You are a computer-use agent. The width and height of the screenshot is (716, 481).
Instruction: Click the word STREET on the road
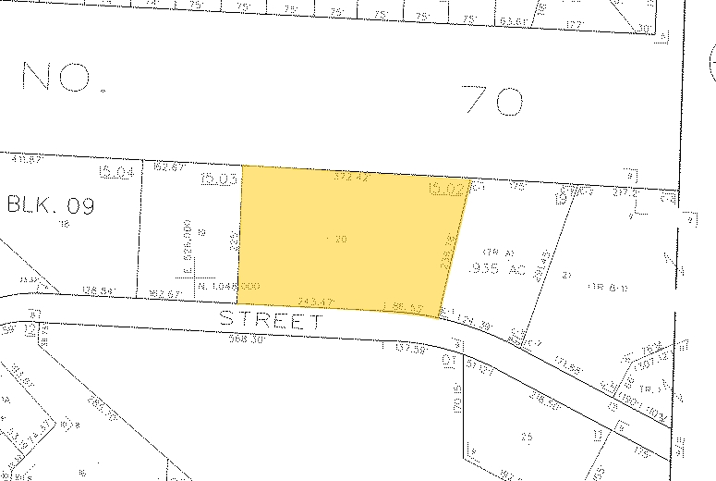(x=271, y=321)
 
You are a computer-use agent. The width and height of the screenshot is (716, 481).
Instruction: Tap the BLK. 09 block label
(x=51, y=204)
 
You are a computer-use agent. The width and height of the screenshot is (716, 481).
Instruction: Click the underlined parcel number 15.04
(x=117, y=172)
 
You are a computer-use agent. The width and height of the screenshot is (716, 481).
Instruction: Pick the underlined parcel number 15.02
(x=445, y=189)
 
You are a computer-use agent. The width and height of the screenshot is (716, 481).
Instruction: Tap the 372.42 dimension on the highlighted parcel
(x=351, y=176)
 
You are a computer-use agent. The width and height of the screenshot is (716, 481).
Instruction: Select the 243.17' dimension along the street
(x=317, y=300)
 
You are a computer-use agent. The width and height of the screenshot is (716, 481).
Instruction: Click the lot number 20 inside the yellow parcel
(x=337, y=239)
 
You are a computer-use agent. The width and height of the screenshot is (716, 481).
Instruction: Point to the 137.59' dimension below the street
(x=407, y=349)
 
